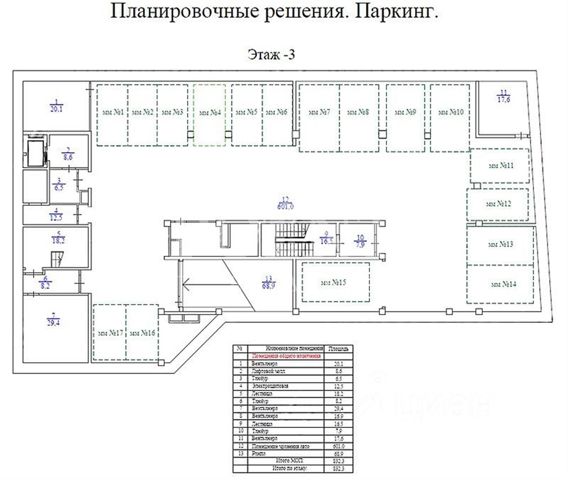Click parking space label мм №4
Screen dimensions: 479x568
tap(210, 112)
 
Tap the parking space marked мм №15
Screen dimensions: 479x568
tap(333, 283)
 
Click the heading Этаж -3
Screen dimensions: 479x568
tap(271, 55)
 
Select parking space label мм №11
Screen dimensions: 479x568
tap(501, 165)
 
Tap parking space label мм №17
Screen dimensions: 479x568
tap(110, 333)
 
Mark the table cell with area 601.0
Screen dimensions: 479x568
tap(338, 446)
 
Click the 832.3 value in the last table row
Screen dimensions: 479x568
tap(338, 469)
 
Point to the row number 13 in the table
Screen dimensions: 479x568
tap(240, 453)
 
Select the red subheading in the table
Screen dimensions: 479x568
tap(287, 356)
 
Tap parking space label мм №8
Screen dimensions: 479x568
tap(358, 112)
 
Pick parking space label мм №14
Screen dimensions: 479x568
tap(503, 284)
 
